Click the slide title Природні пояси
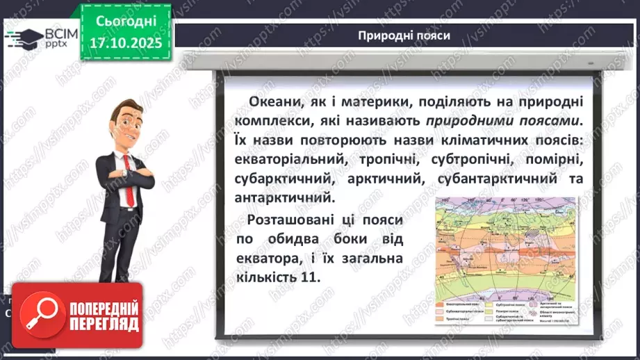[403, 35]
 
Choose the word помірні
[545, 161]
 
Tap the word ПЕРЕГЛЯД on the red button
[102, 325]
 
